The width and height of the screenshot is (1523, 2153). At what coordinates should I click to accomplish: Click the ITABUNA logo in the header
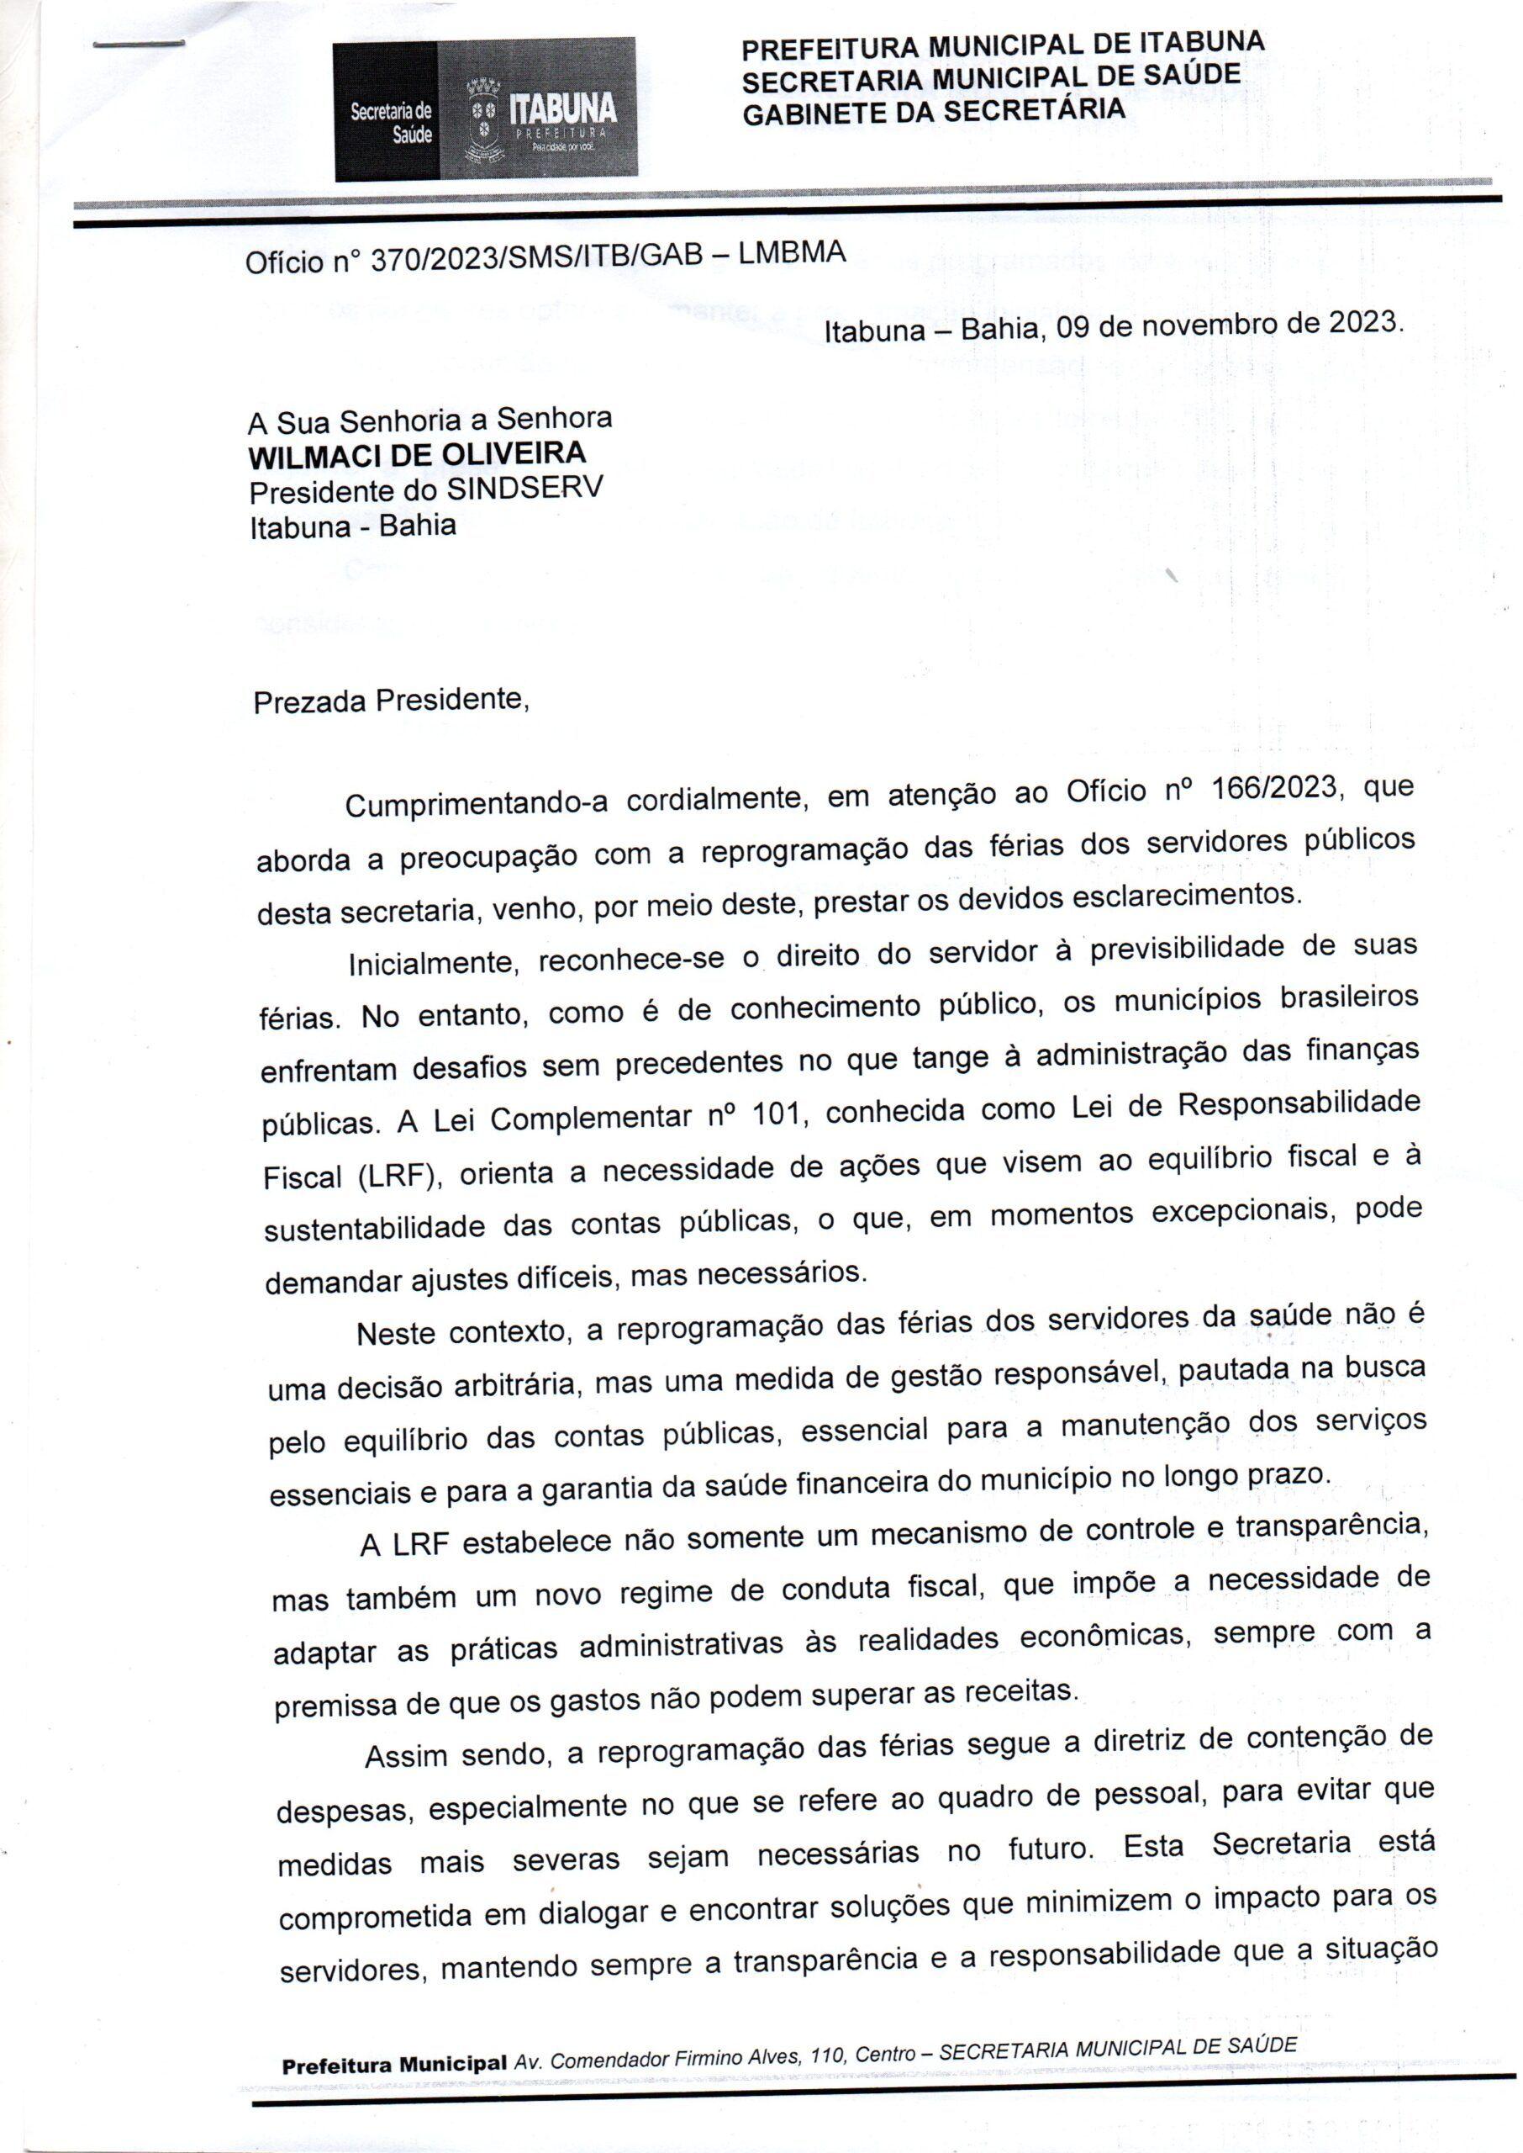(x=561, y=108)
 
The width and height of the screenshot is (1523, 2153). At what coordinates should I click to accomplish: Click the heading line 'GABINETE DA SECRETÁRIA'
(x=933, y=112)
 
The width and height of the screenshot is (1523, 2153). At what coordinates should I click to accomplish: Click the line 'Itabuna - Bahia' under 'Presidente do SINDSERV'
(x=353, y=525)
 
